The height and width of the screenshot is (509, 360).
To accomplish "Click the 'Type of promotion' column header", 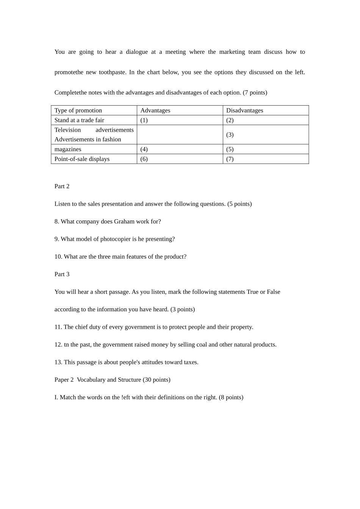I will [78, 111].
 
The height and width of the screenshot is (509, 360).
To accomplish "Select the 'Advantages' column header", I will [155, 111].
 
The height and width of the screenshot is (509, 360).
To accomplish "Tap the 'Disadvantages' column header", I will [244, 111].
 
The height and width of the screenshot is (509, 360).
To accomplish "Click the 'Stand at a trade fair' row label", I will [79, 120].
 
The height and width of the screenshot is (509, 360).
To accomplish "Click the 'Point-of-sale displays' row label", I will [82, 159].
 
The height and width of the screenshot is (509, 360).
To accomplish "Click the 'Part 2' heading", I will [62, 186].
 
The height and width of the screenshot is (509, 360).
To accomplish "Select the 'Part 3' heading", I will [62, 274].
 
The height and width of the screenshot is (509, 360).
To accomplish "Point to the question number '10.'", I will [58, 257].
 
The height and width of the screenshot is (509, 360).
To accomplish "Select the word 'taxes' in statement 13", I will [191, 362].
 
